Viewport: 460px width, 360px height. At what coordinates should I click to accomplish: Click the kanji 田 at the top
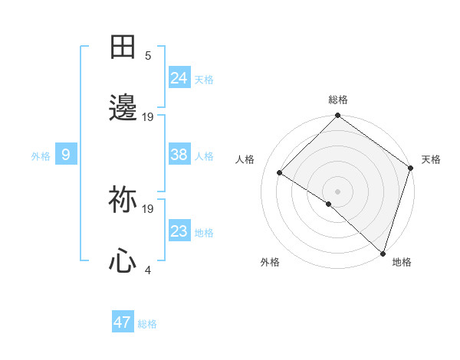point(123,47)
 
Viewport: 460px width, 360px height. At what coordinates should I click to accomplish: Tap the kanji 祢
point(123,201)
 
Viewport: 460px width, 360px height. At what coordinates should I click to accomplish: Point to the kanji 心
point(123,262)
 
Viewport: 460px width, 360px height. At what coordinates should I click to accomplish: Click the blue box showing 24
point(179,77)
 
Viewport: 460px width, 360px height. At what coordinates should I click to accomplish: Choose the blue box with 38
point(179,155)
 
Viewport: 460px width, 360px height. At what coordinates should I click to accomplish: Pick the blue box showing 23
point(179,231)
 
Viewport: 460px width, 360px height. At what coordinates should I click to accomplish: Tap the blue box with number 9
point(66,155)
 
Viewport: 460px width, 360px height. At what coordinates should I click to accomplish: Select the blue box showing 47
point(123,322)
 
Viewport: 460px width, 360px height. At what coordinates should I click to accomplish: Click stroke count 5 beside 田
point(148,55)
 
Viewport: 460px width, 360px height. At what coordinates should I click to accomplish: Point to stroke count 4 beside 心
point(148,270)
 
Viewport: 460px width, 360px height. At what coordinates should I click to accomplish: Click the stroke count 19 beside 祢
point(148,208)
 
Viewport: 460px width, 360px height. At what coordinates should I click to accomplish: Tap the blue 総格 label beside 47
point(147,324)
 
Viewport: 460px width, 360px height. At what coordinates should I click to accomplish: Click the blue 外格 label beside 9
point(41,156)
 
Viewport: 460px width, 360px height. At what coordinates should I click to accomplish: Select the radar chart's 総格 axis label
point(338,100)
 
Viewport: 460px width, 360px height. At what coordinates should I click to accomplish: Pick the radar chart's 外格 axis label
point(270,262)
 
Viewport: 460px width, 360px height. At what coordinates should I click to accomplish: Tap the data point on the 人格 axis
point(280,173)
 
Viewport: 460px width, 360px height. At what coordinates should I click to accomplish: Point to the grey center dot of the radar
point(338,191)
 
